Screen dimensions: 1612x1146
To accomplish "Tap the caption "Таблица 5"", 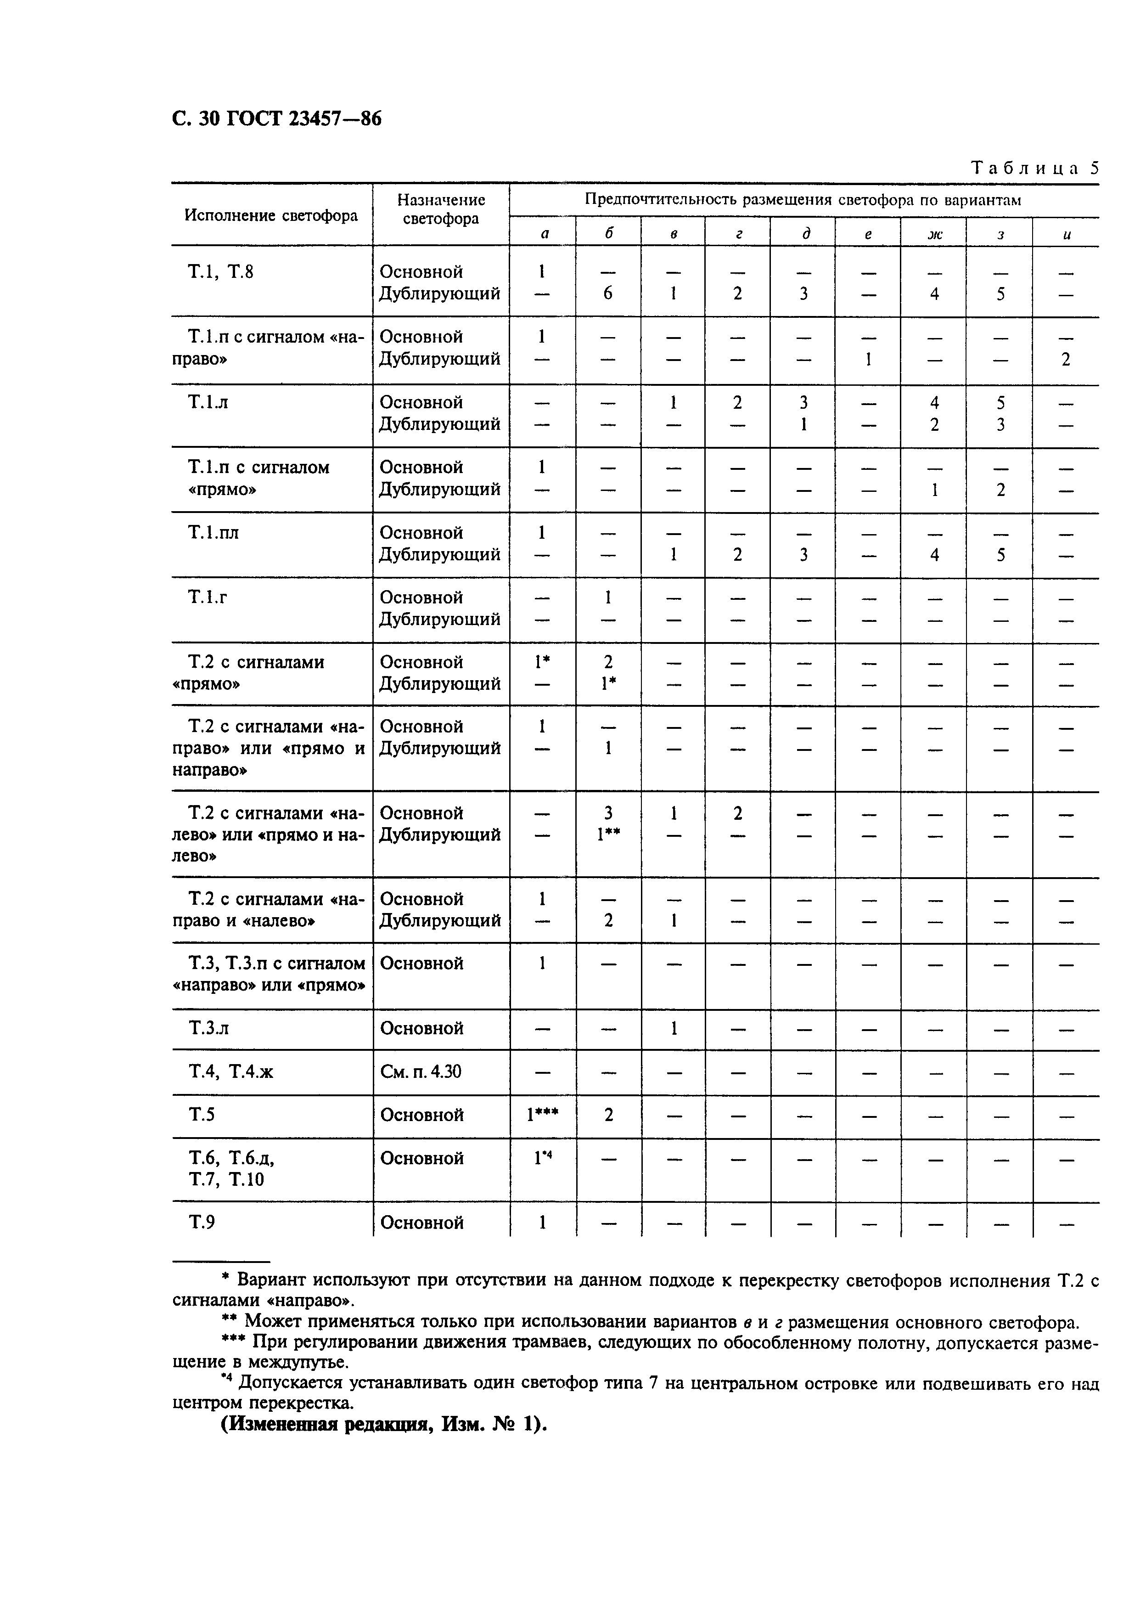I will point(1034,168).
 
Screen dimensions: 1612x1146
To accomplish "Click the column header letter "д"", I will point(804,234).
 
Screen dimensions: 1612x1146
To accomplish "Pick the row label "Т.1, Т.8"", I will point(220,272).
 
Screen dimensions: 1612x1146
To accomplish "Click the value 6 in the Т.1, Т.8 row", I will point(607,293).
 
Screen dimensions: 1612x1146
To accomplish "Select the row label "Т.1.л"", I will point(208,402).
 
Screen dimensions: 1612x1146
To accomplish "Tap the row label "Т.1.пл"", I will point(213,533).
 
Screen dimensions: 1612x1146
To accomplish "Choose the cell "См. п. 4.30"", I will point(421,1072).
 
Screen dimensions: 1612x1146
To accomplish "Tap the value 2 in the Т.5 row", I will point(608,1115).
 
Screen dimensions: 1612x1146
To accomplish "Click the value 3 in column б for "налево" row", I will point(608,813).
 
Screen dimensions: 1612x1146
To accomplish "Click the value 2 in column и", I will point(1066,359).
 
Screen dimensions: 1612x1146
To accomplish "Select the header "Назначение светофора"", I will point(441,209).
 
